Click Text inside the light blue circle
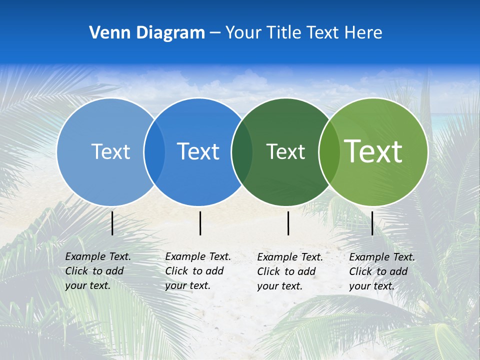pyautogui.click(x=110, y=151)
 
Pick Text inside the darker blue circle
pyautogui.click(x=198, y=151)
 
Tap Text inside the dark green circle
pyautogui.click(x=285, y=151)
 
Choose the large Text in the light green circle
pyautogui.click(x=373, y=151)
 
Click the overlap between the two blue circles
pyautogui.click(x=154, y=151)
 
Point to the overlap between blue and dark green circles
pyautogui.click(x=242, y=151)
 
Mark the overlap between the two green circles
pyautogui.click(x=329, y=151)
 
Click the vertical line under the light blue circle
pyautogui.click(x=112, y=223)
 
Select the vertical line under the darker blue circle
pyautogui.click(x=200, y=223)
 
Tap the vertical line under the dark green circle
pyautogui.click(x=288, y=223)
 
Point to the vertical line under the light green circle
pyautogui.click(x=372, y=223)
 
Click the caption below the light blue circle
pyautogui.click(x=97, y=271)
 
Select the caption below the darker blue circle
pyautogui.click(x=197, y=271)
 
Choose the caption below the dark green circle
pyautogui.click(x=289, y=271)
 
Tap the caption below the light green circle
pyautogui.click(x=381, y=271)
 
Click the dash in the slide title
pyautogui.click(x=215, y=33)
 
